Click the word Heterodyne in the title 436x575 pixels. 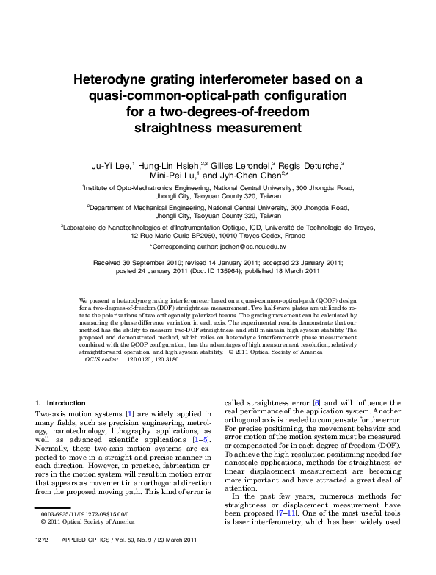(120, 79)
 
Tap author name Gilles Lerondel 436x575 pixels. (242, 165)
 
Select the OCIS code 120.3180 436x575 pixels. (164, 359)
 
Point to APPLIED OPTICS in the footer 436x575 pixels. (82, 560)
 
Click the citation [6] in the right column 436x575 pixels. (316, 403)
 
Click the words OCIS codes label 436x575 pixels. (101, 359)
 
